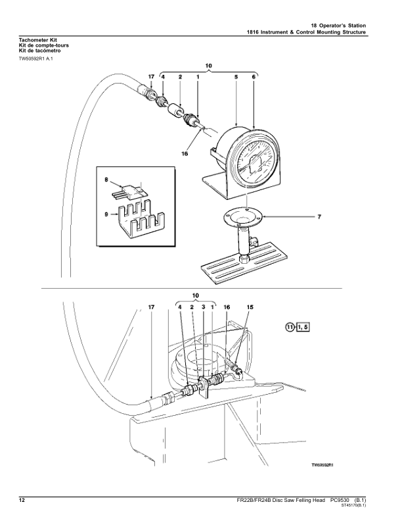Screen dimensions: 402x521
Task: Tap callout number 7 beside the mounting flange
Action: (319, 217)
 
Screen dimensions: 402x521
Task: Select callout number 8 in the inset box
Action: (106, 180)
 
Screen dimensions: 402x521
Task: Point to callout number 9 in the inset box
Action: (106, 214)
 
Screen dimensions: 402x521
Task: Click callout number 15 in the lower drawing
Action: (250, 307)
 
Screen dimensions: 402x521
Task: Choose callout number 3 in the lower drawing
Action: (204, 307)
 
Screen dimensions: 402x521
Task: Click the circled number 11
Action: (290, 327)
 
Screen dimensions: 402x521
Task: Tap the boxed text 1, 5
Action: (303, 327)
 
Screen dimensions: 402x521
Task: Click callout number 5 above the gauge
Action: (236, 77)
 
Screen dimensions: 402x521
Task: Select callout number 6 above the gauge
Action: (254, 77)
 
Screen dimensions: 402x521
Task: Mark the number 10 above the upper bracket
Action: (208, 66)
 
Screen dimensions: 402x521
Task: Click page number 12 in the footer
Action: (22, 501)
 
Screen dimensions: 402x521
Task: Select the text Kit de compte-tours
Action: (44, 45)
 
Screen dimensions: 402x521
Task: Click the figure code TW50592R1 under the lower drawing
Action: (322, 465)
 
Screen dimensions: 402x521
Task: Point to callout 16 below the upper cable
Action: (185, 153)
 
